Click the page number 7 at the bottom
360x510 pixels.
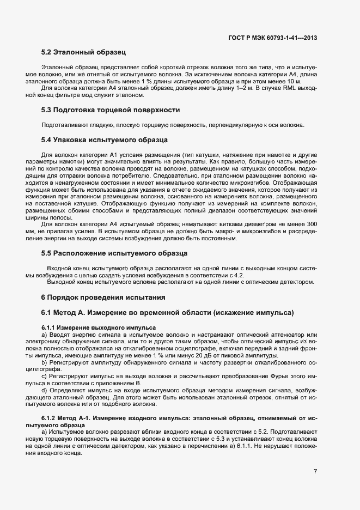point(315,471)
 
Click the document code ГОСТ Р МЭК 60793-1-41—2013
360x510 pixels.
point(273,38)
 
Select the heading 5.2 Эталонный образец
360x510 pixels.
point(84,53)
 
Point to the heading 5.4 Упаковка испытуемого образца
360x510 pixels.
point(101,140)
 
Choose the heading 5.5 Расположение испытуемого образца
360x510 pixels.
point(114,253)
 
